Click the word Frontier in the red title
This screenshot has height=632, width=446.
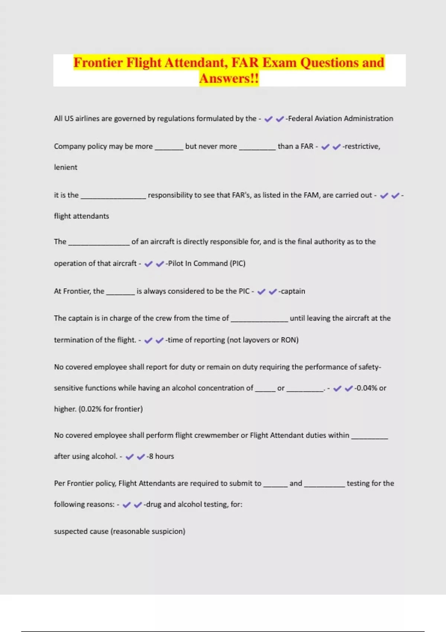(98, 62)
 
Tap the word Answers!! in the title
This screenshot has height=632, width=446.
(229, 78)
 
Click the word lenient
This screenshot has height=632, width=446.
(66, 167)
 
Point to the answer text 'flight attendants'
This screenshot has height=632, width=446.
(81, 216)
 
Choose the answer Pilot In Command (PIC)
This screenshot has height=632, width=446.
(207, 263)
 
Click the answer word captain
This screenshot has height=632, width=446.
(293, 291)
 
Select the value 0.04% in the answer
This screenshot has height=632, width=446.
(366, 388)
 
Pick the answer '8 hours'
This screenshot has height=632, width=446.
(161, 456)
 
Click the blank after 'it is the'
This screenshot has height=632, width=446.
(113, 196)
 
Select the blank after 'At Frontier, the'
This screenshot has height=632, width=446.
(120, 292)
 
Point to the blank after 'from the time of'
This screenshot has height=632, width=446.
(259, 319)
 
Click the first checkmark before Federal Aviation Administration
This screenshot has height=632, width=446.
(268, 119)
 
